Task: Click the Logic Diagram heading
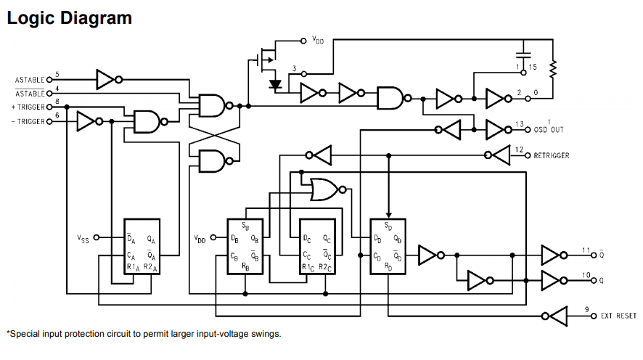(69, 18)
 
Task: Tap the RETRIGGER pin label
(551, 156)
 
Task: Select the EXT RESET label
(618, 316)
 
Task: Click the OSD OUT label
(549, 130)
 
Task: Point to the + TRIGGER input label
(28, 107)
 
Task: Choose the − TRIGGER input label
(28, 122)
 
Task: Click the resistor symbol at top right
(553, 69)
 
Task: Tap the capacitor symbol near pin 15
(523, 54)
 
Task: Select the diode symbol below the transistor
(275, 85)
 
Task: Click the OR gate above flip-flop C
(326, 189)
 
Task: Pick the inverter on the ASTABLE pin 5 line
(109, 80)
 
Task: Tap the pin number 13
(520, 124)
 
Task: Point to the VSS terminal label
(83, 239)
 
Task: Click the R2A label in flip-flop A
(150, 267)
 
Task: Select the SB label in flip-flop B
(245, 226)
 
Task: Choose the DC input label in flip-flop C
(307, 239)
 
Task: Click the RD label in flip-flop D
(388, 267)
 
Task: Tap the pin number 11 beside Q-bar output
(586, 250)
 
